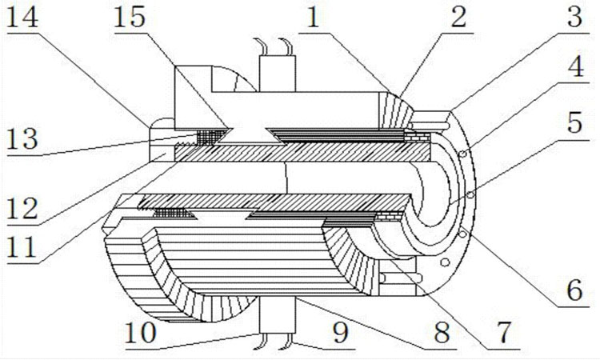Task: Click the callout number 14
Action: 22,18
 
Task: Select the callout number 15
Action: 130,18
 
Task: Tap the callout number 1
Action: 314,18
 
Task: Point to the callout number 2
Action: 458,18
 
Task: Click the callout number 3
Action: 574,18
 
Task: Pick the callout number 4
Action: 575,66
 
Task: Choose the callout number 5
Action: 574,122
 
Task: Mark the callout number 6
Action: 574,290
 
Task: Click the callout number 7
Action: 504,332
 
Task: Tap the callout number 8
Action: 442,332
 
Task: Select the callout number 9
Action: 341,332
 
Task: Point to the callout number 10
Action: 141,332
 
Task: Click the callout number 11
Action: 22,247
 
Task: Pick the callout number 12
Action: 22,209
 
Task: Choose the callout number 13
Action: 22,138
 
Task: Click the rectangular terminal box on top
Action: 278,74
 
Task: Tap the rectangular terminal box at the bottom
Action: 278,314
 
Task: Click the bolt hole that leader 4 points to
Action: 462,154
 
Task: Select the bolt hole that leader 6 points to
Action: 462,234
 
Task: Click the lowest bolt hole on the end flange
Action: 445,262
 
